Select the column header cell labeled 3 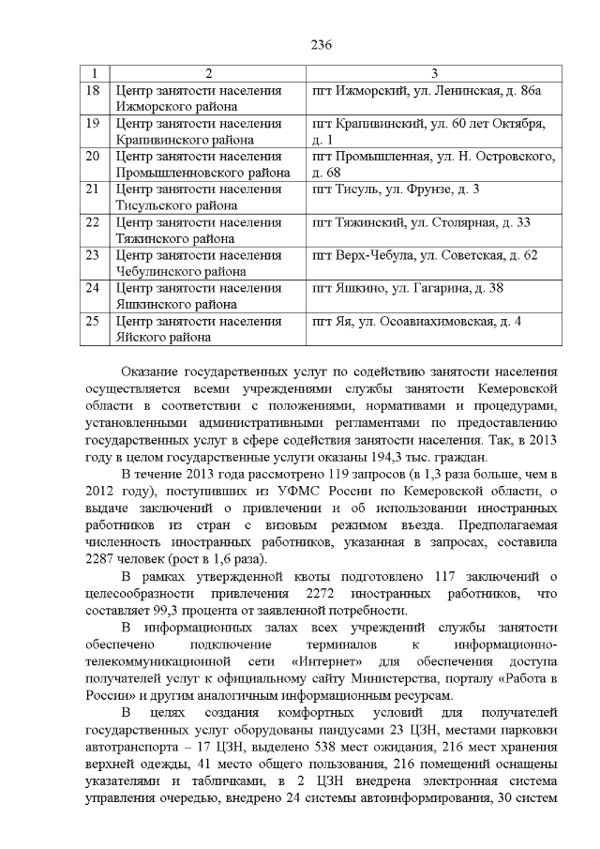point(434,73)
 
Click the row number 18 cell point(92,90)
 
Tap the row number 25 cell point(92,322)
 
